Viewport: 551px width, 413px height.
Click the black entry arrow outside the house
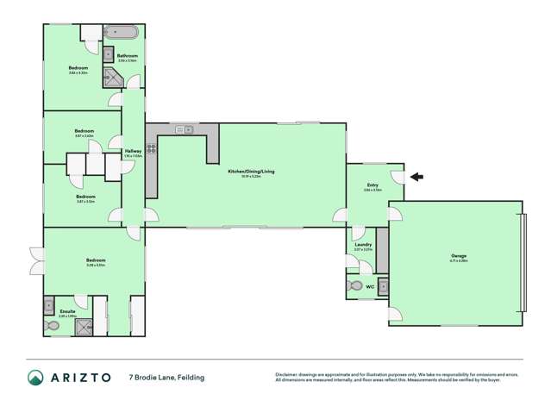(416, 178)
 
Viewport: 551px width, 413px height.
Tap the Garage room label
(457, 256)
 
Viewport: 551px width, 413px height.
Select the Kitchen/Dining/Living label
(246, 172)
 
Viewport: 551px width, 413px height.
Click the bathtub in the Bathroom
(122, 34)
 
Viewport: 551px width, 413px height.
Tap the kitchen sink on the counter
(183, 129)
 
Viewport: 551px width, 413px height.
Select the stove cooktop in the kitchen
(151, 147)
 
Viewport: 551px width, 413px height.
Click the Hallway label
(133, 152)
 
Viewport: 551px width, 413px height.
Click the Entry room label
(373, 185)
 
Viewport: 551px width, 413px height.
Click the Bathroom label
(128, 56)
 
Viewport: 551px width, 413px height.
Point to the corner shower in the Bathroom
(132, 82)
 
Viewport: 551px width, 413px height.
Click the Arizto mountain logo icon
(35, 377)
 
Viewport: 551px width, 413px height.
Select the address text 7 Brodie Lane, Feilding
(167, 377)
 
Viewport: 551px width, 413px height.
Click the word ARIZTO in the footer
(84, 377)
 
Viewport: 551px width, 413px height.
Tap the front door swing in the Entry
(398, 177)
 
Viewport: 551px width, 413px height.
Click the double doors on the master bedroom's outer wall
(35, 260)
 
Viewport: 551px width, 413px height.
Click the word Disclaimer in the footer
(288, 374)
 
